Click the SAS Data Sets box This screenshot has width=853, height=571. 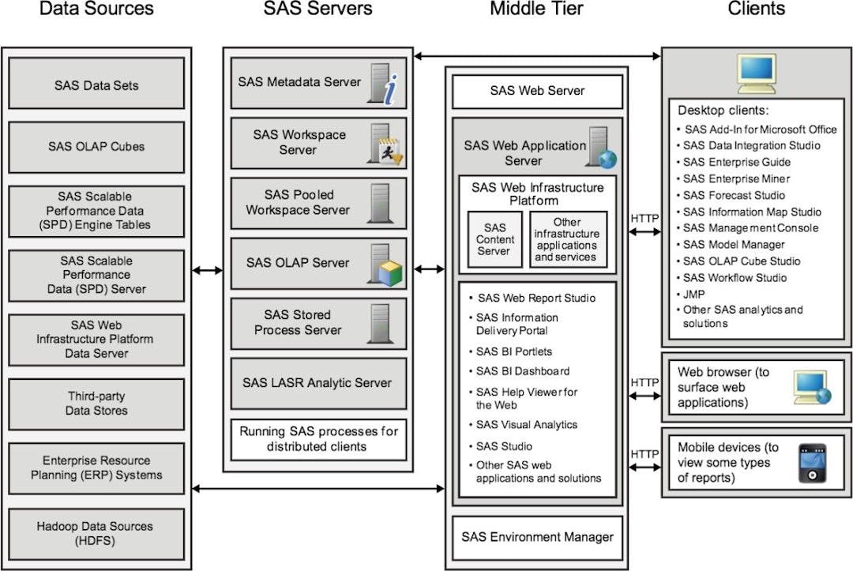tap(96, 85)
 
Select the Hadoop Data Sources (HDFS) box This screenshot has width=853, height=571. tap(96, 534)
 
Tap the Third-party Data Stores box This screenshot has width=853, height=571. tap(96, 404)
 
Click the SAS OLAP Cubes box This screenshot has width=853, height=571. tap(96, 146)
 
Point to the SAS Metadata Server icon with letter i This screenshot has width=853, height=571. tap(385, 85)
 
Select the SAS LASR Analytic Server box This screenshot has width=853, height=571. tap(318, 383)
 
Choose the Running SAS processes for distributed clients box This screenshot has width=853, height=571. tap(318, 439)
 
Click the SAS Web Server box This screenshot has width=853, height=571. tap(537, 91)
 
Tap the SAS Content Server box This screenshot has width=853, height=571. tap(494, 239)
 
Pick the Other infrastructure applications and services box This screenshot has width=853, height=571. tap(567, 239)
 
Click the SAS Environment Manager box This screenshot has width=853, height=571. tap(537, 537)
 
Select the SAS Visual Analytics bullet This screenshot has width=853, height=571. tap(527, 425)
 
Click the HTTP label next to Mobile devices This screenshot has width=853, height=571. tap(644, 454)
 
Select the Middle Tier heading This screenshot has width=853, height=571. tap(536, 9)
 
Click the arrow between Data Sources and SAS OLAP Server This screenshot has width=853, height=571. tap(207, 270)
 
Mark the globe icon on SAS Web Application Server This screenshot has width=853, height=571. tap(607, 160)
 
